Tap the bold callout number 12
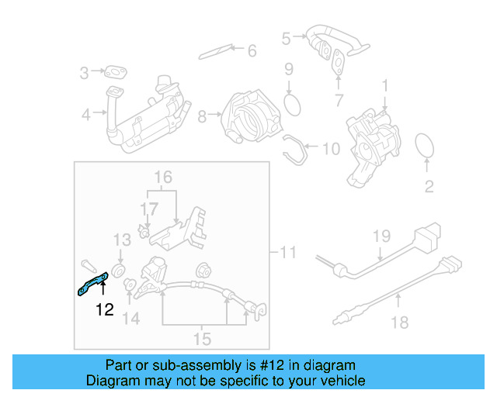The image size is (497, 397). [104, 310]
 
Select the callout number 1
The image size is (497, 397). [384, 83]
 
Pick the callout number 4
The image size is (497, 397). [86, 116]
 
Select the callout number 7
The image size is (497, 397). [338, 100]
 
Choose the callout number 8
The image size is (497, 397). [203, 117]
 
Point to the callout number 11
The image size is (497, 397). [287, 252]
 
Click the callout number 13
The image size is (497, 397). [123, 239]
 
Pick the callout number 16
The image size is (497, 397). [161, 178]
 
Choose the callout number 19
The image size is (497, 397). [380, 235]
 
